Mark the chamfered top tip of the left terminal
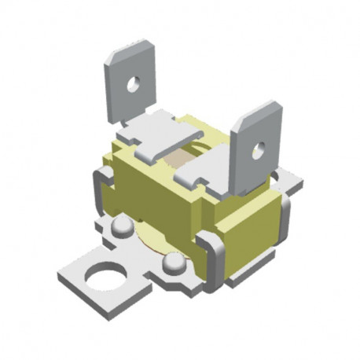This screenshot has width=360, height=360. (x=128, y=52)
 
